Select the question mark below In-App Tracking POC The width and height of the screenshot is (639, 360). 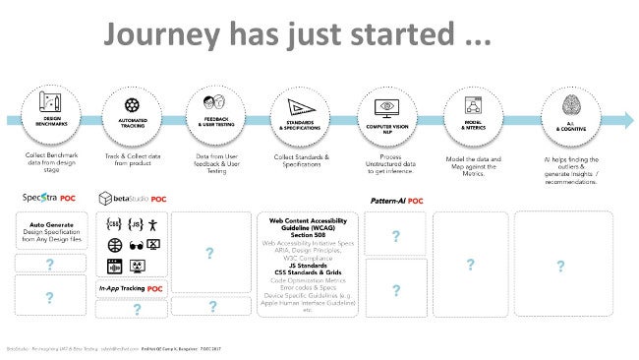(136, 309)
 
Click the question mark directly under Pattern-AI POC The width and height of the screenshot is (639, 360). (395, 237)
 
